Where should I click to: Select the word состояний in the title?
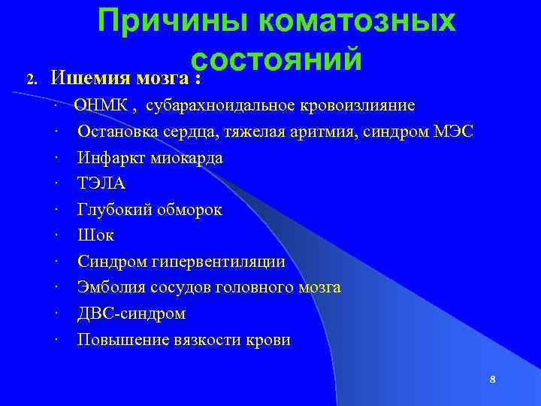(x=277, y=59)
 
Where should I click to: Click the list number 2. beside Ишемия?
(x=31, y=78)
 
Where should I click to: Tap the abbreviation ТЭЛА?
(x=101, y=184)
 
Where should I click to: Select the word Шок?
(x=95, y=235)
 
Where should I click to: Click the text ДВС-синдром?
(x=131, y=313)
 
